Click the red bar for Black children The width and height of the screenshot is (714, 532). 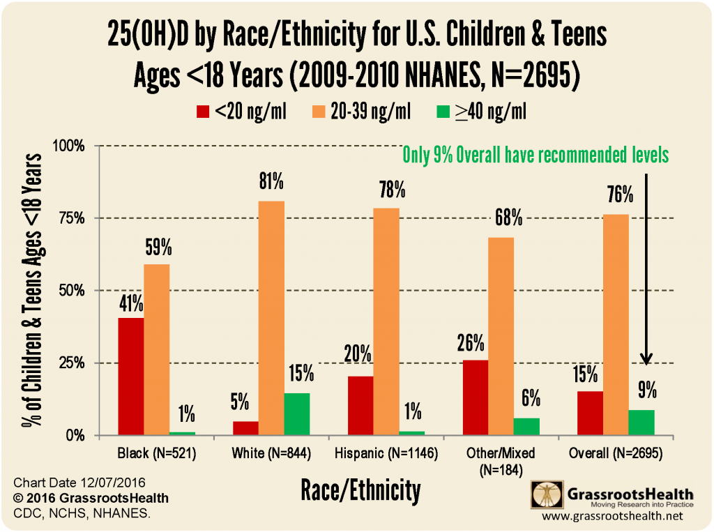(131, 377)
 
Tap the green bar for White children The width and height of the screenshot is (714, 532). (296, 414)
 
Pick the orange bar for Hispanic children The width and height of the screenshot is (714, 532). (386, 321)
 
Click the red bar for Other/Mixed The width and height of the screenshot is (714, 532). (475, 397)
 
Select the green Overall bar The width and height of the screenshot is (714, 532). (641, 423)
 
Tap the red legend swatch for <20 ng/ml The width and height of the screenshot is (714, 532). (202, 111)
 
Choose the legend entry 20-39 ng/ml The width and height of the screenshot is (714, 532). (372, 111)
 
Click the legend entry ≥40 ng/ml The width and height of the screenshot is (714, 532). (492, 111)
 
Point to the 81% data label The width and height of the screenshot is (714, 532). (271, 183)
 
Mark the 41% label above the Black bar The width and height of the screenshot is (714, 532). (131, 304)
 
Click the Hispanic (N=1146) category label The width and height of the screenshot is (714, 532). (386, 454)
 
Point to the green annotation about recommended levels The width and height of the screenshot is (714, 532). (535, 155)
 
